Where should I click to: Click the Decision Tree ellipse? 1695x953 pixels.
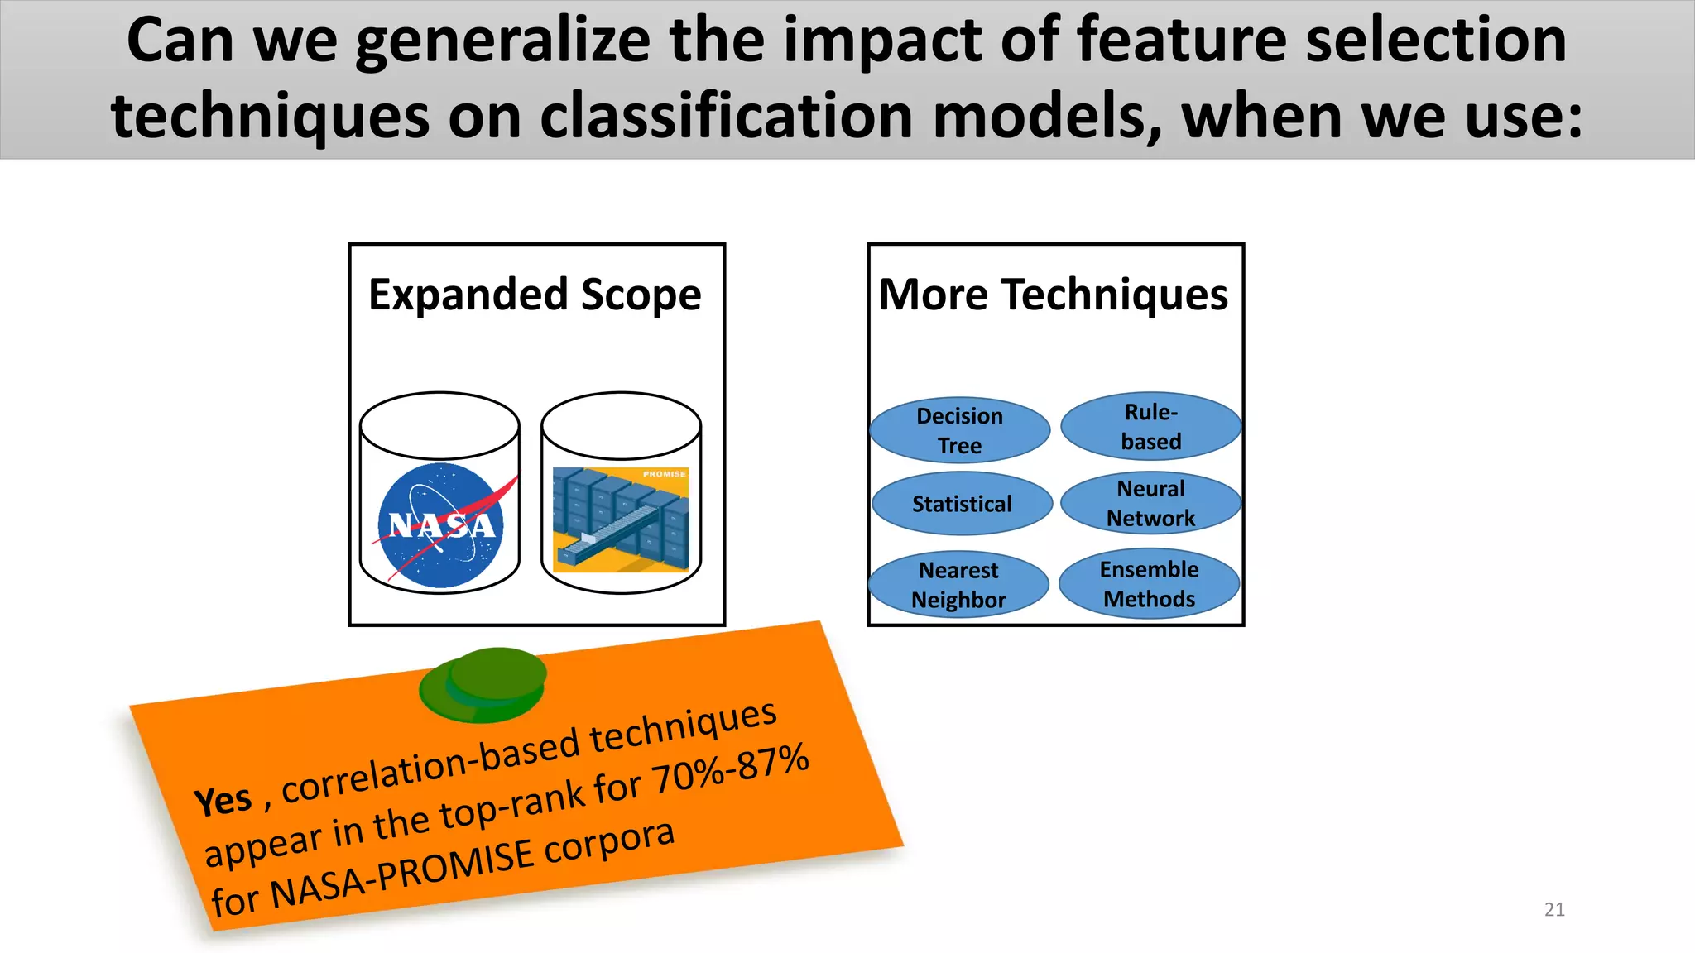[959, 430]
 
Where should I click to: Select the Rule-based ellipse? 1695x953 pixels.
[1150, 426]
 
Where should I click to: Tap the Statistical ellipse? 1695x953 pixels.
[962, 504]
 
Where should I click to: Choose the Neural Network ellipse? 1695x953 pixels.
[1150, 503]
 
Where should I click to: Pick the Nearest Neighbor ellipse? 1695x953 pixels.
[958, 585]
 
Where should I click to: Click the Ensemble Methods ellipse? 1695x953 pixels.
[1149, 584]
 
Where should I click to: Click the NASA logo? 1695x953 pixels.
[441, 525]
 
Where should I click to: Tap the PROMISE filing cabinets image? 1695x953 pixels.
[621, 520]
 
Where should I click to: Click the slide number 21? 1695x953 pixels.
[1554, 909]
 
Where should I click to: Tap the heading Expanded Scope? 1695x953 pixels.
[535, 295]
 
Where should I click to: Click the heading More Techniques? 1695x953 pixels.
[1053, 295]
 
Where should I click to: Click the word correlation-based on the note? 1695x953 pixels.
[430, 765]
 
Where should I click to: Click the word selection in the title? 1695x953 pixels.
[1436, 41]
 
